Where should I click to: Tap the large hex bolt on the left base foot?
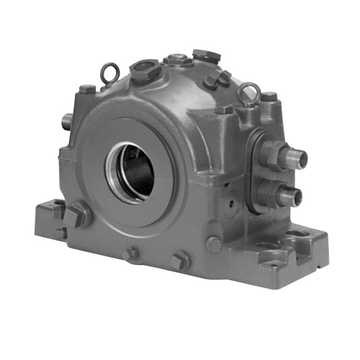click(x=78, y=215)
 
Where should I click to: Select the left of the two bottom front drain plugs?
click(x=131, y=253)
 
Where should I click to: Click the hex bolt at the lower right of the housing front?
click(x=214, y=244)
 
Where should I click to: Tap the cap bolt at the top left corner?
click(x=87, y=91)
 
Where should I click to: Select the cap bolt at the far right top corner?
click(x=268, y=96)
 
